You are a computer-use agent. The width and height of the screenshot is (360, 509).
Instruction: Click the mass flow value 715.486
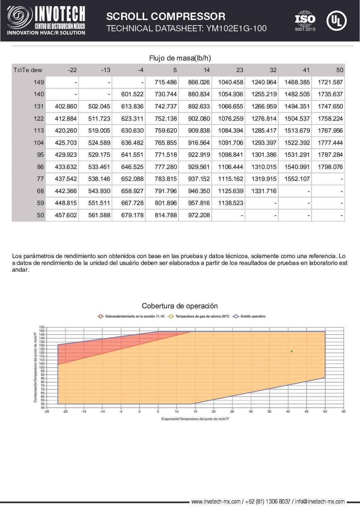click(x=166, y=82)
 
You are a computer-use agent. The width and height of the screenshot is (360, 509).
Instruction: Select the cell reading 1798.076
click(x=330, y=167)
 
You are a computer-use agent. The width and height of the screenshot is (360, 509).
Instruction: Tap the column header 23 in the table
click(x=240, y=70)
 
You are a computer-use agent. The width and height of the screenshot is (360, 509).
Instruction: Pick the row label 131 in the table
click(x=39, y=106)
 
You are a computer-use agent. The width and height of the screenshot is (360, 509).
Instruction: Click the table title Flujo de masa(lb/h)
click(x=180, y=58)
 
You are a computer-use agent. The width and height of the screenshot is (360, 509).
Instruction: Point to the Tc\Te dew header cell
click(x=28, y=70)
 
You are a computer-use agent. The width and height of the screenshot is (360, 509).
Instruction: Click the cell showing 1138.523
click(x=230, y=203)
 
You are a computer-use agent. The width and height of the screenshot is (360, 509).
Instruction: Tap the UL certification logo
click(x=336, y=21)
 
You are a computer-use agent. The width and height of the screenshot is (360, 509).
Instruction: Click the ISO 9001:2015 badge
click(x=305, y=21)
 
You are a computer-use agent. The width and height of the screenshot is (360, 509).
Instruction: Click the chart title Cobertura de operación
click(x=180, y=306)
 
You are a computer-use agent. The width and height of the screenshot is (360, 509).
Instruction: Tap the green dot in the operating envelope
click(x=292, y=351)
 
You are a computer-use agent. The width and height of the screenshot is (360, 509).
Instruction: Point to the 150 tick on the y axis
click(x=42, y=331)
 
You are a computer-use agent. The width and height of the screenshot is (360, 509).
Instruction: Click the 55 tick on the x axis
click(x=343, y=411)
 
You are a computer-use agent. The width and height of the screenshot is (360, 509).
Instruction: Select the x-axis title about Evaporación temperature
click(x=195, y=419)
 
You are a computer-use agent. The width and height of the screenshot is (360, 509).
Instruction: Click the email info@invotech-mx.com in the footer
click(x=320, y=502)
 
